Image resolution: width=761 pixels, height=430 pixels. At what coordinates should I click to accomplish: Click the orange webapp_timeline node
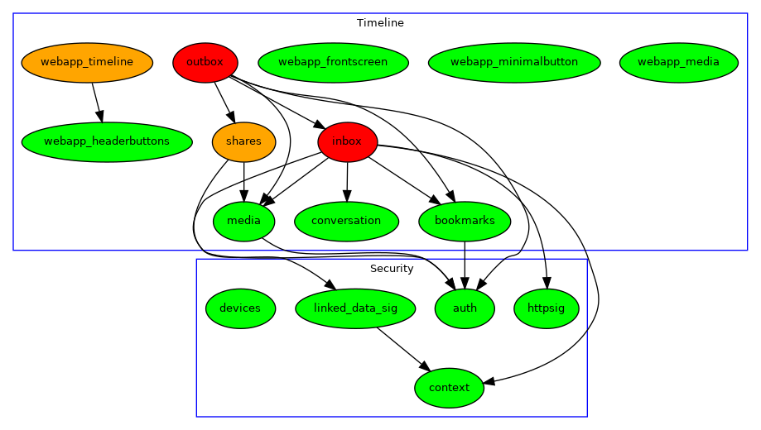[87, 62]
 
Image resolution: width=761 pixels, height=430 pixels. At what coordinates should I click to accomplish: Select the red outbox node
[205, 62]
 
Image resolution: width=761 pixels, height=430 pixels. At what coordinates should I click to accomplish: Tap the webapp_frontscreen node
[333, 62]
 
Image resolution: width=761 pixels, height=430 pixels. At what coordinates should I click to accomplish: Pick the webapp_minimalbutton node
[514, 62]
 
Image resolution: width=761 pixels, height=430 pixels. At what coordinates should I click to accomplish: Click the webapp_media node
[678, 62]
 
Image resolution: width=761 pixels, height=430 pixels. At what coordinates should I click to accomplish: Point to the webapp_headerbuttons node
[106, 141]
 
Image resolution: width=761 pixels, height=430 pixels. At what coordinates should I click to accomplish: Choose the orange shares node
[243, 141]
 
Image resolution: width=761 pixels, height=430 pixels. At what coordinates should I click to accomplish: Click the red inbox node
[347, 141]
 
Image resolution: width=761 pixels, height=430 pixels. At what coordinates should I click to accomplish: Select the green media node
[243, 221]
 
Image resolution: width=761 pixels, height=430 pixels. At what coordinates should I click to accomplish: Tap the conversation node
[346, 221]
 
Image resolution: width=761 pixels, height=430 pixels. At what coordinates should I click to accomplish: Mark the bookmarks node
[465, 221]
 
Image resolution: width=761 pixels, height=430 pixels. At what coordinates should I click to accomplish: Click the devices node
[240, 308]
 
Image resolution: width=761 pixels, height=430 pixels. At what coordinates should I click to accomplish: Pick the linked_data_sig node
[355, 308]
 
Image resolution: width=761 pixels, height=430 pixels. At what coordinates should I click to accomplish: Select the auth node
[465, 308]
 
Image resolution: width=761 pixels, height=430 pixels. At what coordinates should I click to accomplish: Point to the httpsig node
[547, 308]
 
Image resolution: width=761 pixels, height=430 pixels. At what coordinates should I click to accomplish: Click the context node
[449, 388]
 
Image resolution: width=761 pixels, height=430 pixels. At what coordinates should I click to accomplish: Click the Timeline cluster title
[380, 22]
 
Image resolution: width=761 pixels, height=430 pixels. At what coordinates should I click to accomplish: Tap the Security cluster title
[392, 269]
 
